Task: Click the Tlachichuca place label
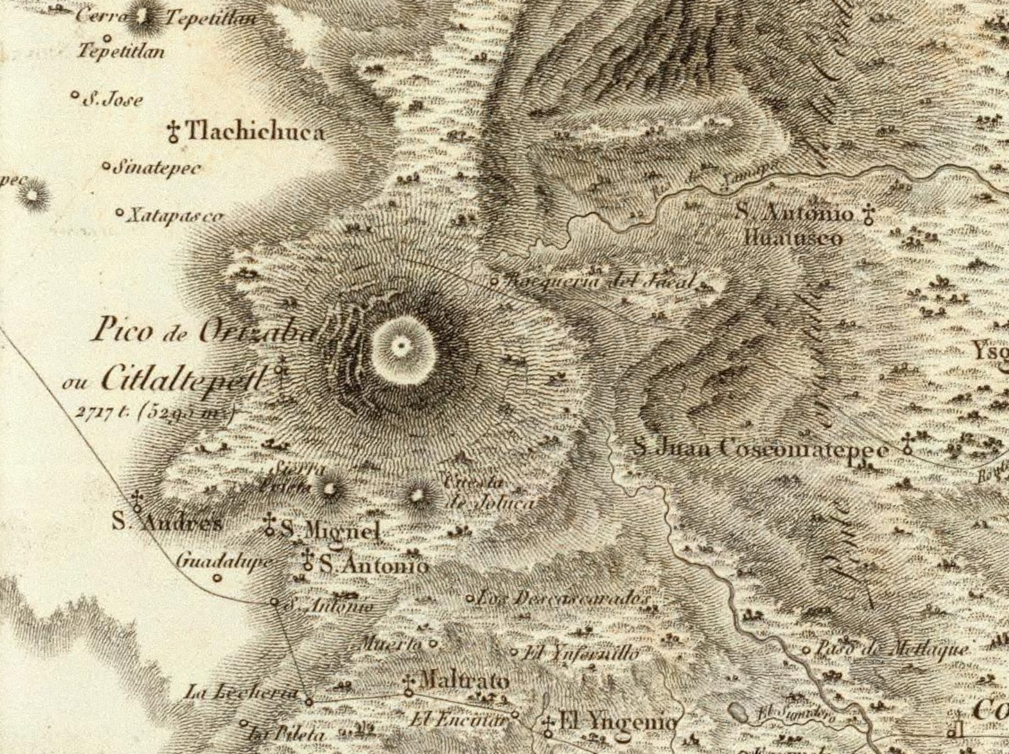[x=256, y=132]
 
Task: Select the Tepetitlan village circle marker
[x=108, y=38]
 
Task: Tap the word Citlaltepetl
[x=183, y=379]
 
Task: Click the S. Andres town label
[x=167, y=523]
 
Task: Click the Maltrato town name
[x=463, y=682]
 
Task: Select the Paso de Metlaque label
[x=892, y=649]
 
